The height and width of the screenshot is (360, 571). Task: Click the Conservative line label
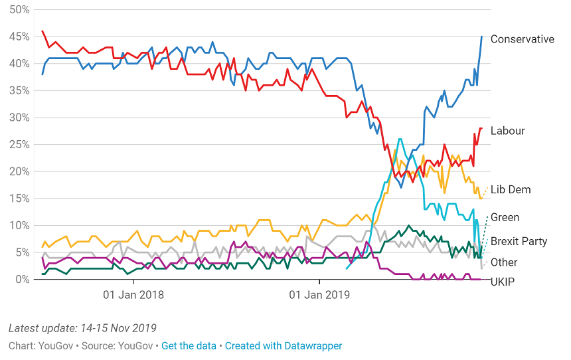point(522,39)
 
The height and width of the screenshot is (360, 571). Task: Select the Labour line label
point(507,131)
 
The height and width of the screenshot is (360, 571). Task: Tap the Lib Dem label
point(511,190)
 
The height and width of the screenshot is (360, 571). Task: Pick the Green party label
point(505,217)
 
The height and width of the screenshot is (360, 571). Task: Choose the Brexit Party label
point(519,241)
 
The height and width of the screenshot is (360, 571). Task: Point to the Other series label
point(504,262)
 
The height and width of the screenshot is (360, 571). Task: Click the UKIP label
point(503,282)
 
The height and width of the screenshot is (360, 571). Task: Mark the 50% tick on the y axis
point(19,9)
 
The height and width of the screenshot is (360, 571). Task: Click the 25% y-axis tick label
point(19,144)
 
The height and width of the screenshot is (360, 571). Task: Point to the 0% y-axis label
point(22,280)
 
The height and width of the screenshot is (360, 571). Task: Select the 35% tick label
point(19,90)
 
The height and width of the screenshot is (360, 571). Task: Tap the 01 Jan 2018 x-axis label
point(133,294)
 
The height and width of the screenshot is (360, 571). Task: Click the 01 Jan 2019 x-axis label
point(319,294)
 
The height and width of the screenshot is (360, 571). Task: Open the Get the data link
point(189,346)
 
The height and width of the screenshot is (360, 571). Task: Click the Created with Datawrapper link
point(284,346)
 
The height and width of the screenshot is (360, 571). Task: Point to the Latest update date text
point(82,328)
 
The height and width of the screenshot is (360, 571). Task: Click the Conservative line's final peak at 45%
point(481,37)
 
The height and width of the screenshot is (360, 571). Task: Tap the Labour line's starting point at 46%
point(42,31)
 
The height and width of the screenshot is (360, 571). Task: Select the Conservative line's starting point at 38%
point(42,74)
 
